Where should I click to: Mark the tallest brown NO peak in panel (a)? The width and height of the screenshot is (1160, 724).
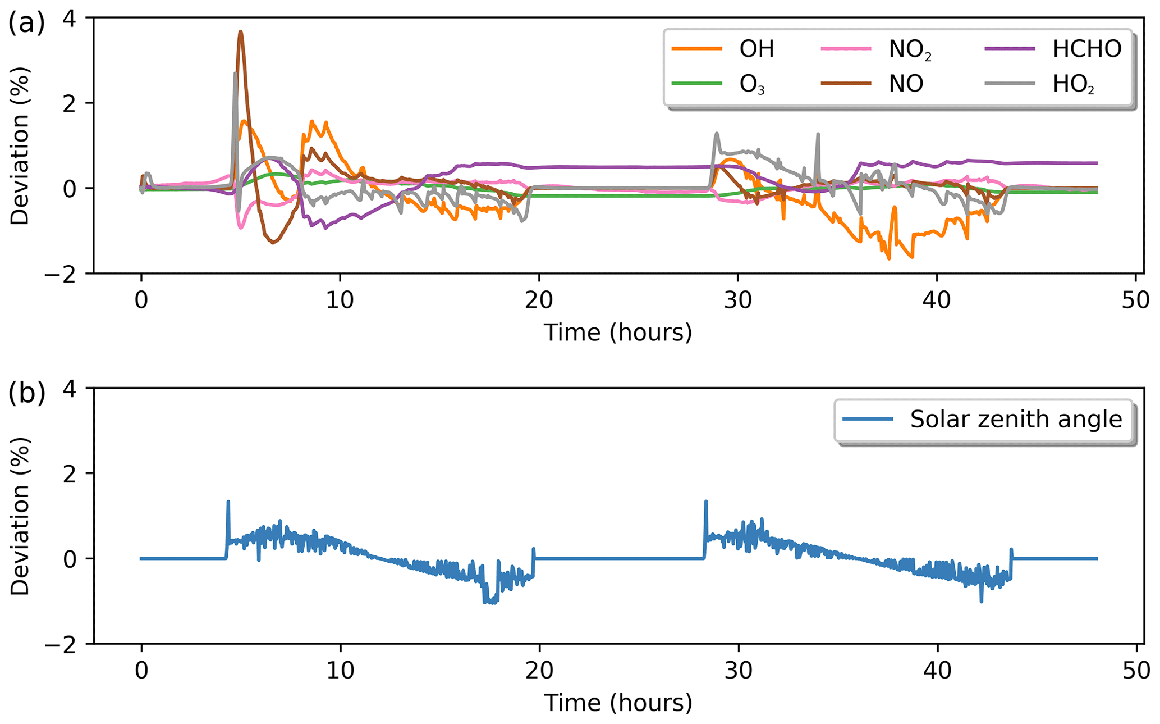click(240, 32)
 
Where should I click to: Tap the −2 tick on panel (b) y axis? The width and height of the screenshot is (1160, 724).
click(65, 644)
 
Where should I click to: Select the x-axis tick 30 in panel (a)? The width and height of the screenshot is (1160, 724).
click(738, 300)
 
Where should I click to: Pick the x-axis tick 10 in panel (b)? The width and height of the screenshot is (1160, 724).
click(340, 671)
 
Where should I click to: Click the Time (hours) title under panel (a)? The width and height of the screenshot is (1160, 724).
click(618, 333)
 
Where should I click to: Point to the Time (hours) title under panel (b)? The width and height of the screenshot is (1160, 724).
click(618, 703)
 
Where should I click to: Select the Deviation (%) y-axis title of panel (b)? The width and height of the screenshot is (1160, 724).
click(20, 516)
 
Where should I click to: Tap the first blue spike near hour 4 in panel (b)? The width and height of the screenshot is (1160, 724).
click(228, 502)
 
